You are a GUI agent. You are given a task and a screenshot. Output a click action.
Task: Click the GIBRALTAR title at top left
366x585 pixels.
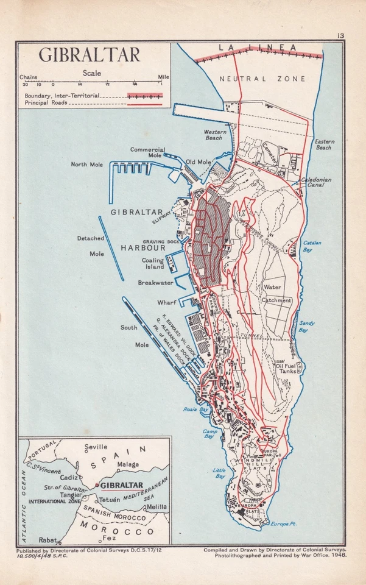coord(90,55)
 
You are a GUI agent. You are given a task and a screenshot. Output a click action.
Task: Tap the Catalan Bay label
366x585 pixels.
coord(312,246)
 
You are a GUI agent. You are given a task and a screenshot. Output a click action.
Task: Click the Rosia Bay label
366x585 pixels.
coord(192,409)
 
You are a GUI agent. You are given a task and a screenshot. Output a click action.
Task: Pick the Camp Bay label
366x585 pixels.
coord(211,433)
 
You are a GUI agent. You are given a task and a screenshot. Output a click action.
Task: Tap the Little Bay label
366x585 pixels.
coord(219,472)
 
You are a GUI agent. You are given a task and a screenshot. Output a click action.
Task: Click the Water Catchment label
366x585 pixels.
coord(276,293)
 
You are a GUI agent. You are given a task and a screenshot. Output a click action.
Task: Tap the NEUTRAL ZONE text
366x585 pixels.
coord(260,79)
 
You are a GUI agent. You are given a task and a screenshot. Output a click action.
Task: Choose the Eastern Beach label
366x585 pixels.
coord(324,144)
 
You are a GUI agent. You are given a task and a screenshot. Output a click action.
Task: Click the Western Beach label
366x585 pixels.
coord(214,135)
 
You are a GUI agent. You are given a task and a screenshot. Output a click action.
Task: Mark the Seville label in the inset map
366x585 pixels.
coord(96,447)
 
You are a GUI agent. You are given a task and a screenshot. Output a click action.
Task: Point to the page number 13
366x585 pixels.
coord(340,36)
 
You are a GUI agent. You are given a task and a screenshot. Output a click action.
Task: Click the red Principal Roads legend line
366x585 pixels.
coord(145,104)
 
